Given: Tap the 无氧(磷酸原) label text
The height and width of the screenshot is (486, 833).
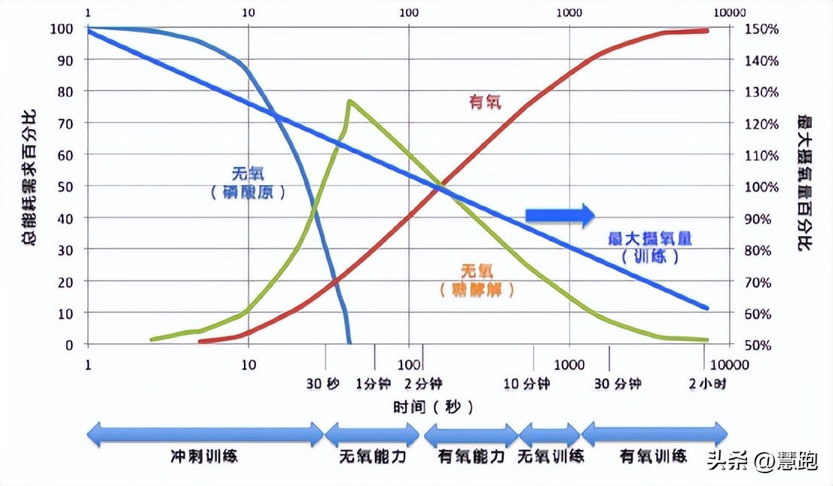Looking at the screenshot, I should (x=249, y=182).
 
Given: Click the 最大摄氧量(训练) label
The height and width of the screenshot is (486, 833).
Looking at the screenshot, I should (x=649, y=247).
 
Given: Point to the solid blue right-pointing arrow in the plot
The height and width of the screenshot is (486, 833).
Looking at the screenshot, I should (x=560, y=215).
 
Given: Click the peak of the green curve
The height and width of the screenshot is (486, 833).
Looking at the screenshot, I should (x=349, y=101).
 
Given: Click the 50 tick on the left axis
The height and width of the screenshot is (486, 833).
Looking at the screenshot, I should (x=67, y=186).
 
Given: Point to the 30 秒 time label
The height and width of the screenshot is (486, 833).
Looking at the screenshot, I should (x=322, y=384).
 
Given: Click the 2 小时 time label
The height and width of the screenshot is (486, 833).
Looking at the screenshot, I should (x=707, y=384).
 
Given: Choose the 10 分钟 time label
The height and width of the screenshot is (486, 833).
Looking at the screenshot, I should (x=526, y=384).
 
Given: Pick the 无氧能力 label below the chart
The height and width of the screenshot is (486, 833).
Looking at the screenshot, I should (x=372, y=456).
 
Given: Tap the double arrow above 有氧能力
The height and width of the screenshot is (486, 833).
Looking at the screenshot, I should (x=470, y=434).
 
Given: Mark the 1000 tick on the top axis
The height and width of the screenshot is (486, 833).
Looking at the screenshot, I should (x=569, y=12).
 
